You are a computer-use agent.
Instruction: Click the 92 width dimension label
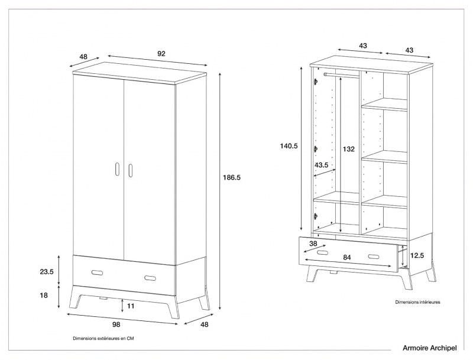(x=161, y=54)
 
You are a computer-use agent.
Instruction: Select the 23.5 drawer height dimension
(x=47, y=272)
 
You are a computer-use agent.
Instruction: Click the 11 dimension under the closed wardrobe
(x=131, y=306)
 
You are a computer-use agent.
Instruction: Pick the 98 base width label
(x=116, y=325)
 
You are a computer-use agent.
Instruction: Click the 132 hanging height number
(x=349, y=150)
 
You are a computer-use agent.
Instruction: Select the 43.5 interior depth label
(x=322, y=165)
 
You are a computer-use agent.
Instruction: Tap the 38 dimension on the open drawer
(x=313, y=243)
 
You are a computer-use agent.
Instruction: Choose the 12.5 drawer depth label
(x=417, y=256)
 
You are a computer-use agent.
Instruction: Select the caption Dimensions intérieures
(x=417, y=302)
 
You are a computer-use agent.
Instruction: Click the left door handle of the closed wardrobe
(x=118, y=169)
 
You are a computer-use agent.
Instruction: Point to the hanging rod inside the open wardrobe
(x=341, y=75)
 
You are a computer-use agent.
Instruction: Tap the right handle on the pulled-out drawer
(x=374, y=257)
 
